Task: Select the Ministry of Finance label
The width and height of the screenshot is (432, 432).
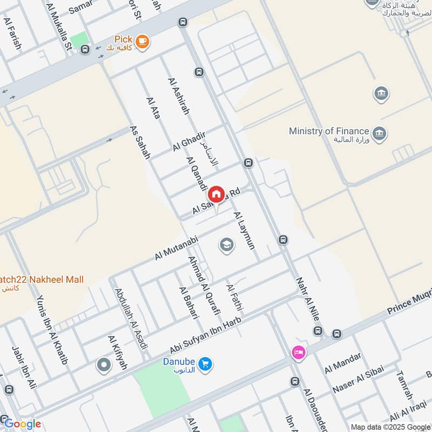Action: point(329,131)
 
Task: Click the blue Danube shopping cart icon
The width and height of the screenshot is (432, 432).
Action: point(205,364)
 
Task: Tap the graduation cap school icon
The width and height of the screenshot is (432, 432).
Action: point(227,246)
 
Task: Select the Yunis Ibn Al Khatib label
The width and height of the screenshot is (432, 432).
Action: point(51,329)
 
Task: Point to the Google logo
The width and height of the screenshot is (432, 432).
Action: point(22,424)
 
